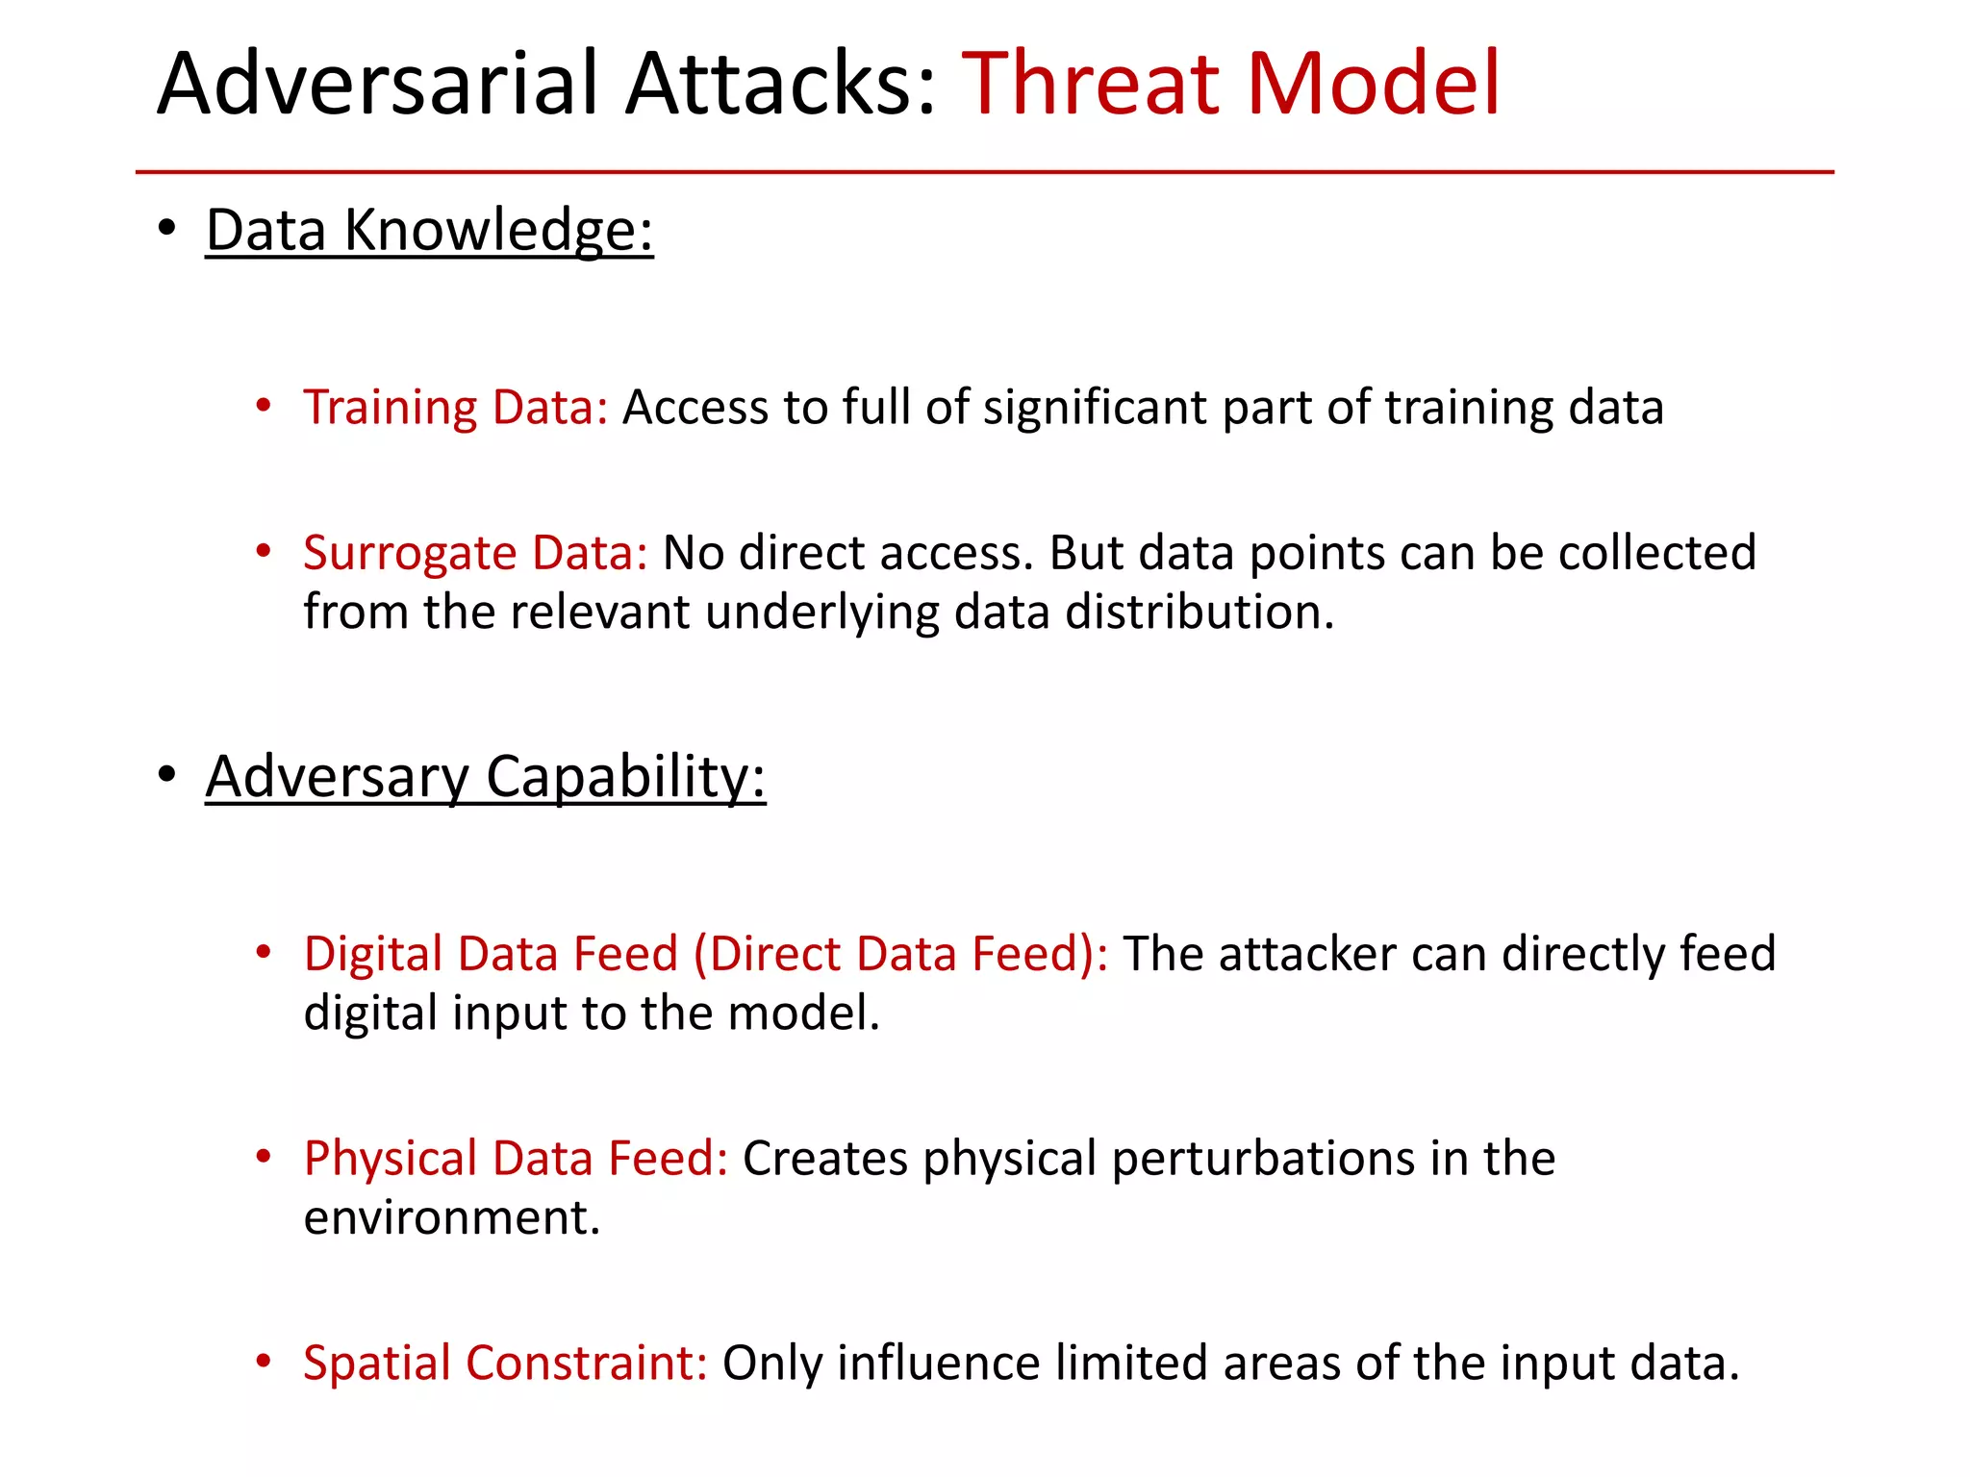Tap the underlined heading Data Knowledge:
click(429, 231)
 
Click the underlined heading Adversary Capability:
click(485, 777)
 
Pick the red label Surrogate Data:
click(475, 554)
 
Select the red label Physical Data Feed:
click(516, 1159)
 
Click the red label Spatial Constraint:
click(505, 1364)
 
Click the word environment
click(451, 1218)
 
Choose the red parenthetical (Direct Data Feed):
click(900, 955)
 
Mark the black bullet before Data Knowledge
click(167, 229)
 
